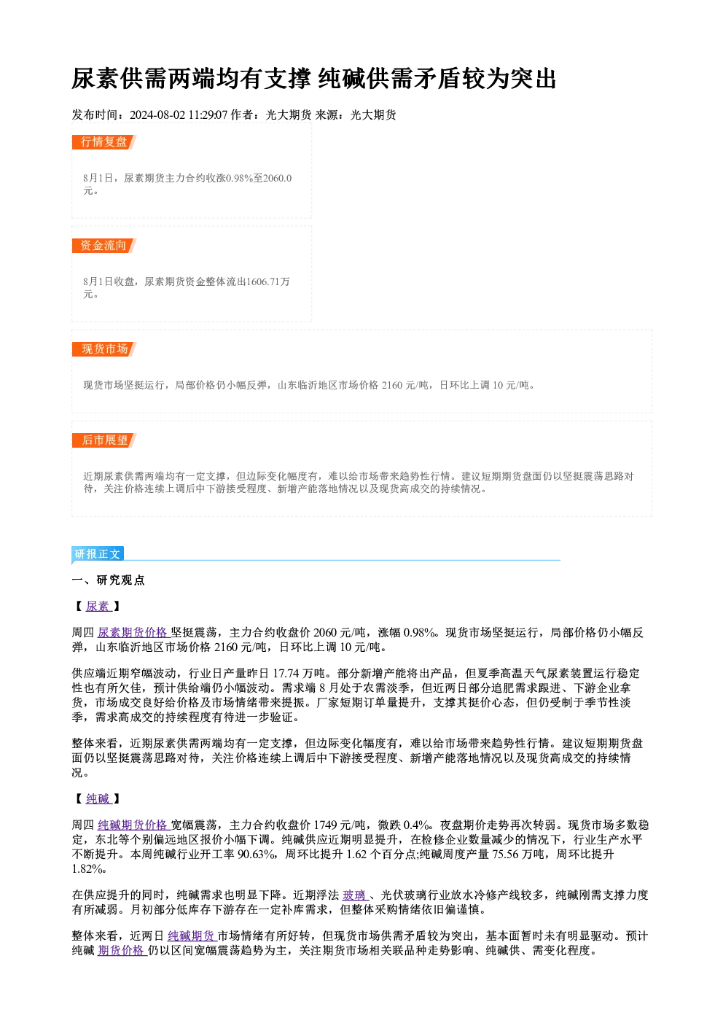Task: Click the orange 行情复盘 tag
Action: pos(104,142)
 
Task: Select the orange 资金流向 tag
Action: pos(104,246)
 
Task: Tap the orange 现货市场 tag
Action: pos(104,349)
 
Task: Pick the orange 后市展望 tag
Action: pos(104,440)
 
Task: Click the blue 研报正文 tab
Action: pos(98,554)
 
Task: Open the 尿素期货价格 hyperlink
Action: pos(133,632)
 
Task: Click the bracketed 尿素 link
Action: pos(98,607)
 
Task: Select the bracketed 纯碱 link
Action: pos(98,798)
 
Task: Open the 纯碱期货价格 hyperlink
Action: pos(133,825)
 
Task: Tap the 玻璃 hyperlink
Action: pos(355,895)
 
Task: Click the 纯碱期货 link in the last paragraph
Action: pos(192,936)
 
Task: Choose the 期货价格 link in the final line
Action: pos(122,950)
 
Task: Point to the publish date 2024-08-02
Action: pos(157,115)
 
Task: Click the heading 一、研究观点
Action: pos(108,580)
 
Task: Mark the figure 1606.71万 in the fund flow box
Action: pos(268,281)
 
